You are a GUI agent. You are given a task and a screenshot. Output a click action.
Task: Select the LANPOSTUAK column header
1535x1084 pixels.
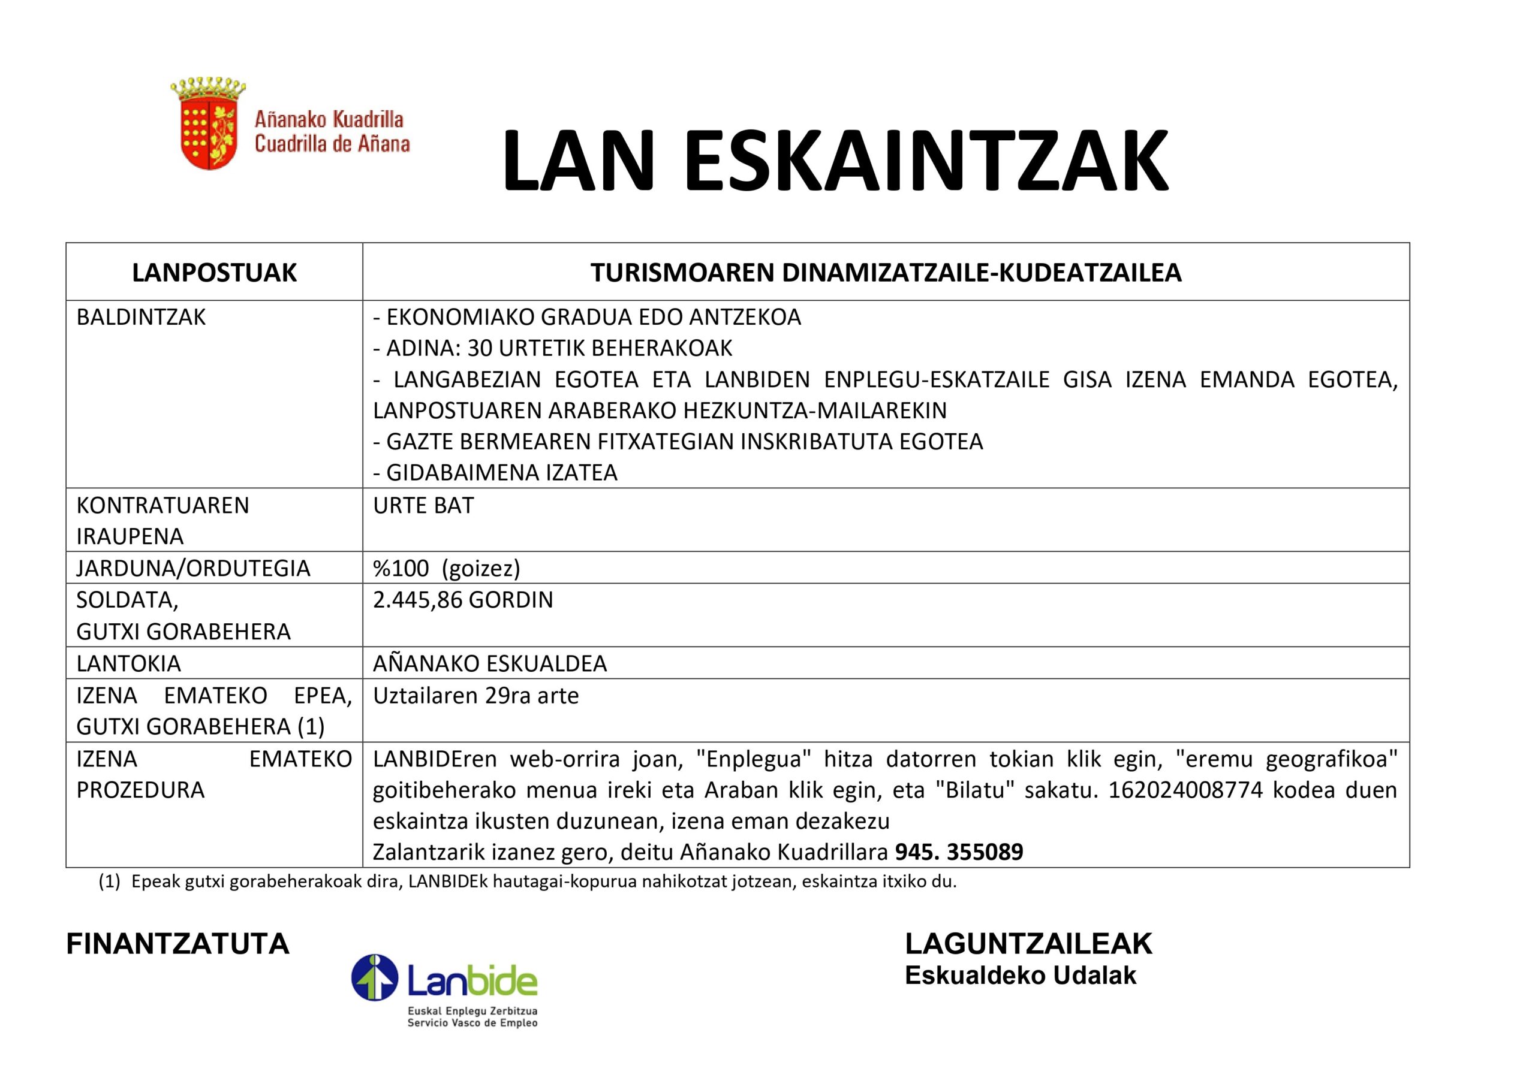point(214,273)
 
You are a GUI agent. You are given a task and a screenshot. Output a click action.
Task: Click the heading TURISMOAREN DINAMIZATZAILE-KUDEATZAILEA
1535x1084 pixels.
point(886,273)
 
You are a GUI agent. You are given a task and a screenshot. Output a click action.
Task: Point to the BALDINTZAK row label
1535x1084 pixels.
point(141,318)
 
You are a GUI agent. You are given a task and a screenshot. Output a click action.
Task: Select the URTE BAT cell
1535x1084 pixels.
point(423,506)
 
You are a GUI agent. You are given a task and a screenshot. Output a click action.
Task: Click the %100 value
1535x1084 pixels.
point(401,569)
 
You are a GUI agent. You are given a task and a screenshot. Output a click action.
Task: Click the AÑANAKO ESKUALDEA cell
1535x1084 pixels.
point(490,663)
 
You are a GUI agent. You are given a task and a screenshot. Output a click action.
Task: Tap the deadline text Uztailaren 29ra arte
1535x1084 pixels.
point(475,696)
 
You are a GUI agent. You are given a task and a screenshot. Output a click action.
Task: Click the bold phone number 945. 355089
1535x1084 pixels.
point(959,853)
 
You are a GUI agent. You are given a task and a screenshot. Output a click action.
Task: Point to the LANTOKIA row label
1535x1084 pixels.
point(128,663)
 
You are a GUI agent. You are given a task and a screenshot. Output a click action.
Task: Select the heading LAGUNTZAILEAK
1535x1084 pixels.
point(1029,944)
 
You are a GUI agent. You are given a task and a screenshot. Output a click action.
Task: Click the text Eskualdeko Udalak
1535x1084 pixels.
point(1020,976)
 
